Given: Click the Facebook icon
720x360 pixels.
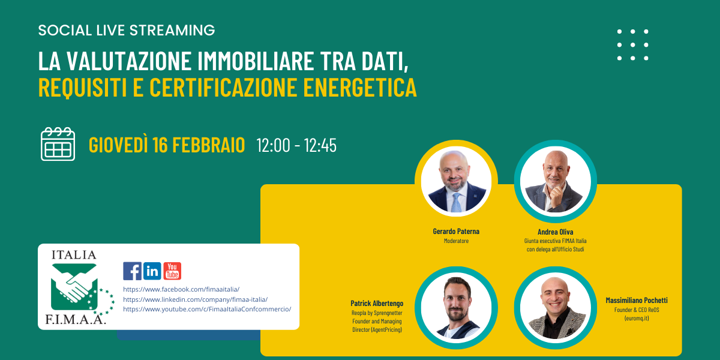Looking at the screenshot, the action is pos(132,271).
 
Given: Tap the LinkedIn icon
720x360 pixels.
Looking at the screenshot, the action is pos(152,271).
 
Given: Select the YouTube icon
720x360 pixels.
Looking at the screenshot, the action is pos(172,271).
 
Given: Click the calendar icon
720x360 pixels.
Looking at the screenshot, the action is pos(58,144).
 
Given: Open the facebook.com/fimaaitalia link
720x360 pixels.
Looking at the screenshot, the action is pos(181,289).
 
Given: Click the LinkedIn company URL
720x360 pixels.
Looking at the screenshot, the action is pos(196,299).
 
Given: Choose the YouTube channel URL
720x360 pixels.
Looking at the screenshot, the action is pos(207,309).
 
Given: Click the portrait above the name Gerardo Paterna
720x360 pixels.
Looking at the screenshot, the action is pos(456,181).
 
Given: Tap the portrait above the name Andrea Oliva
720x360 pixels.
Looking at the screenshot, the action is pos(556,181).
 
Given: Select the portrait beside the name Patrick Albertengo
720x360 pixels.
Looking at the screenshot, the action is pos(456,308).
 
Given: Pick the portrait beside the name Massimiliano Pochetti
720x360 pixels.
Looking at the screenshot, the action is pos(556,308).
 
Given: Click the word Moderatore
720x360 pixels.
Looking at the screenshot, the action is pos(456,241).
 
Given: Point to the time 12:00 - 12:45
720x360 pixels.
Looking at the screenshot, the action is pos(296,145).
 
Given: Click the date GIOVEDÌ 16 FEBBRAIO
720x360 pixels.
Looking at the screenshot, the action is pos(167,145).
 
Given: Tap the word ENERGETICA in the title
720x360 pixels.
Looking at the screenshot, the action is pos(360,87).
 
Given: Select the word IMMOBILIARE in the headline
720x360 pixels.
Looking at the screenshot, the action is pos(256,61).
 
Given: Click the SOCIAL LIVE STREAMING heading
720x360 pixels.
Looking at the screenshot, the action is pos(127,30).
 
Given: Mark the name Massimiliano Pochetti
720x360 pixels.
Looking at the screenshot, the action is pos(637,300).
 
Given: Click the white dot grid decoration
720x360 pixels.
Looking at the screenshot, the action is pos(633,44).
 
